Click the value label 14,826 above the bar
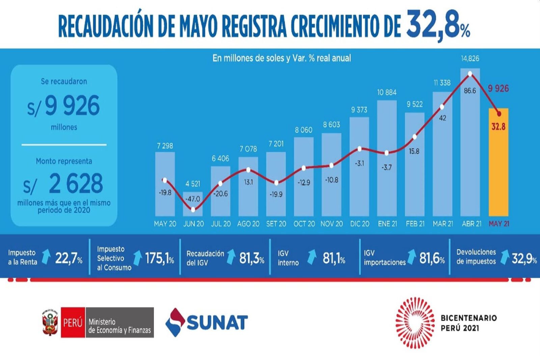(x=470, y=58)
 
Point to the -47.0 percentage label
(x=193, y=199)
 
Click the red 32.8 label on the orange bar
(x=498, y=127)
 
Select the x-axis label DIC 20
(x=359, y=224)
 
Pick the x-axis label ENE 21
(x=387, y=224)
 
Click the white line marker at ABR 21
(x=470, y=74)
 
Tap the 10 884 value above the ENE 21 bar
(x=387, y=92)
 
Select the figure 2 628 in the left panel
(x=76, y=184)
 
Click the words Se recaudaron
(x=64, y=81)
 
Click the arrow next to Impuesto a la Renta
(x=46, y=257)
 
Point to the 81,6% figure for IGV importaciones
(x=432, y=259)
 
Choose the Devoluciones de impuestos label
(x=476, y=256)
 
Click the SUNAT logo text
(x=217, y=322)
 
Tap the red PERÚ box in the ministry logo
(x=73, y=322)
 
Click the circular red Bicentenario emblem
(x=415, y=322)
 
